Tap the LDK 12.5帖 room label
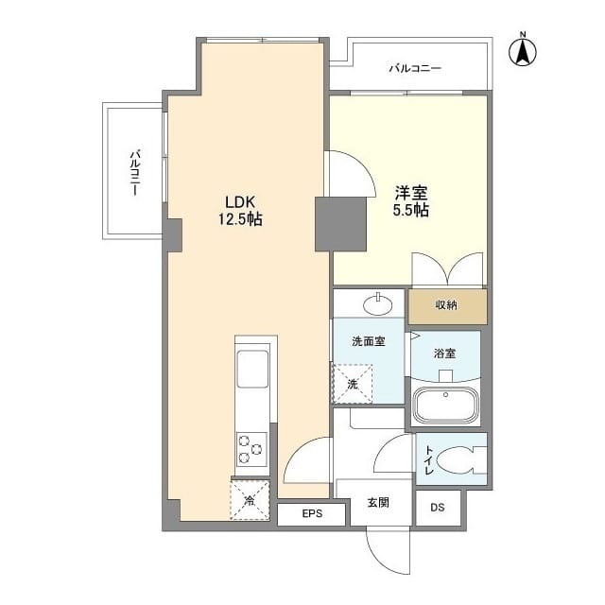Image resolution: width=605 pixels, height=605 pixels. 242,210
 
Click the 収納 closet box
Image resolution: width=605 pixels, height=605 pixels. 447,306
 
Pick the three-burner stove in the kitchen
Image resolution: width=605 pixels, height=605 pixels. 251,448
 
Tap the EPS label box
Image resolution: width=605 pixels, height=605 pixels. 312,513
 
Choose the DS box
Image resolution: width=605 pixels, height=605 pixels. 437,508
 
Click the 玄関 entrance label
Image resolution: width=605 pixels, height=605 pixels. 378,503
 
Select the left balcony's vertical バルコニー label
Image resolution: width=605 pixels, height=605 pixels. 136,171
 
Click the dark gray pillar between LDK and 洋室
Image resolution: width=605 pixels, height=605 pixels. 339,225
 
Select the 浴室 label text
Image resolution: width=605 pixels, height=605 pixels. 444,354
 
